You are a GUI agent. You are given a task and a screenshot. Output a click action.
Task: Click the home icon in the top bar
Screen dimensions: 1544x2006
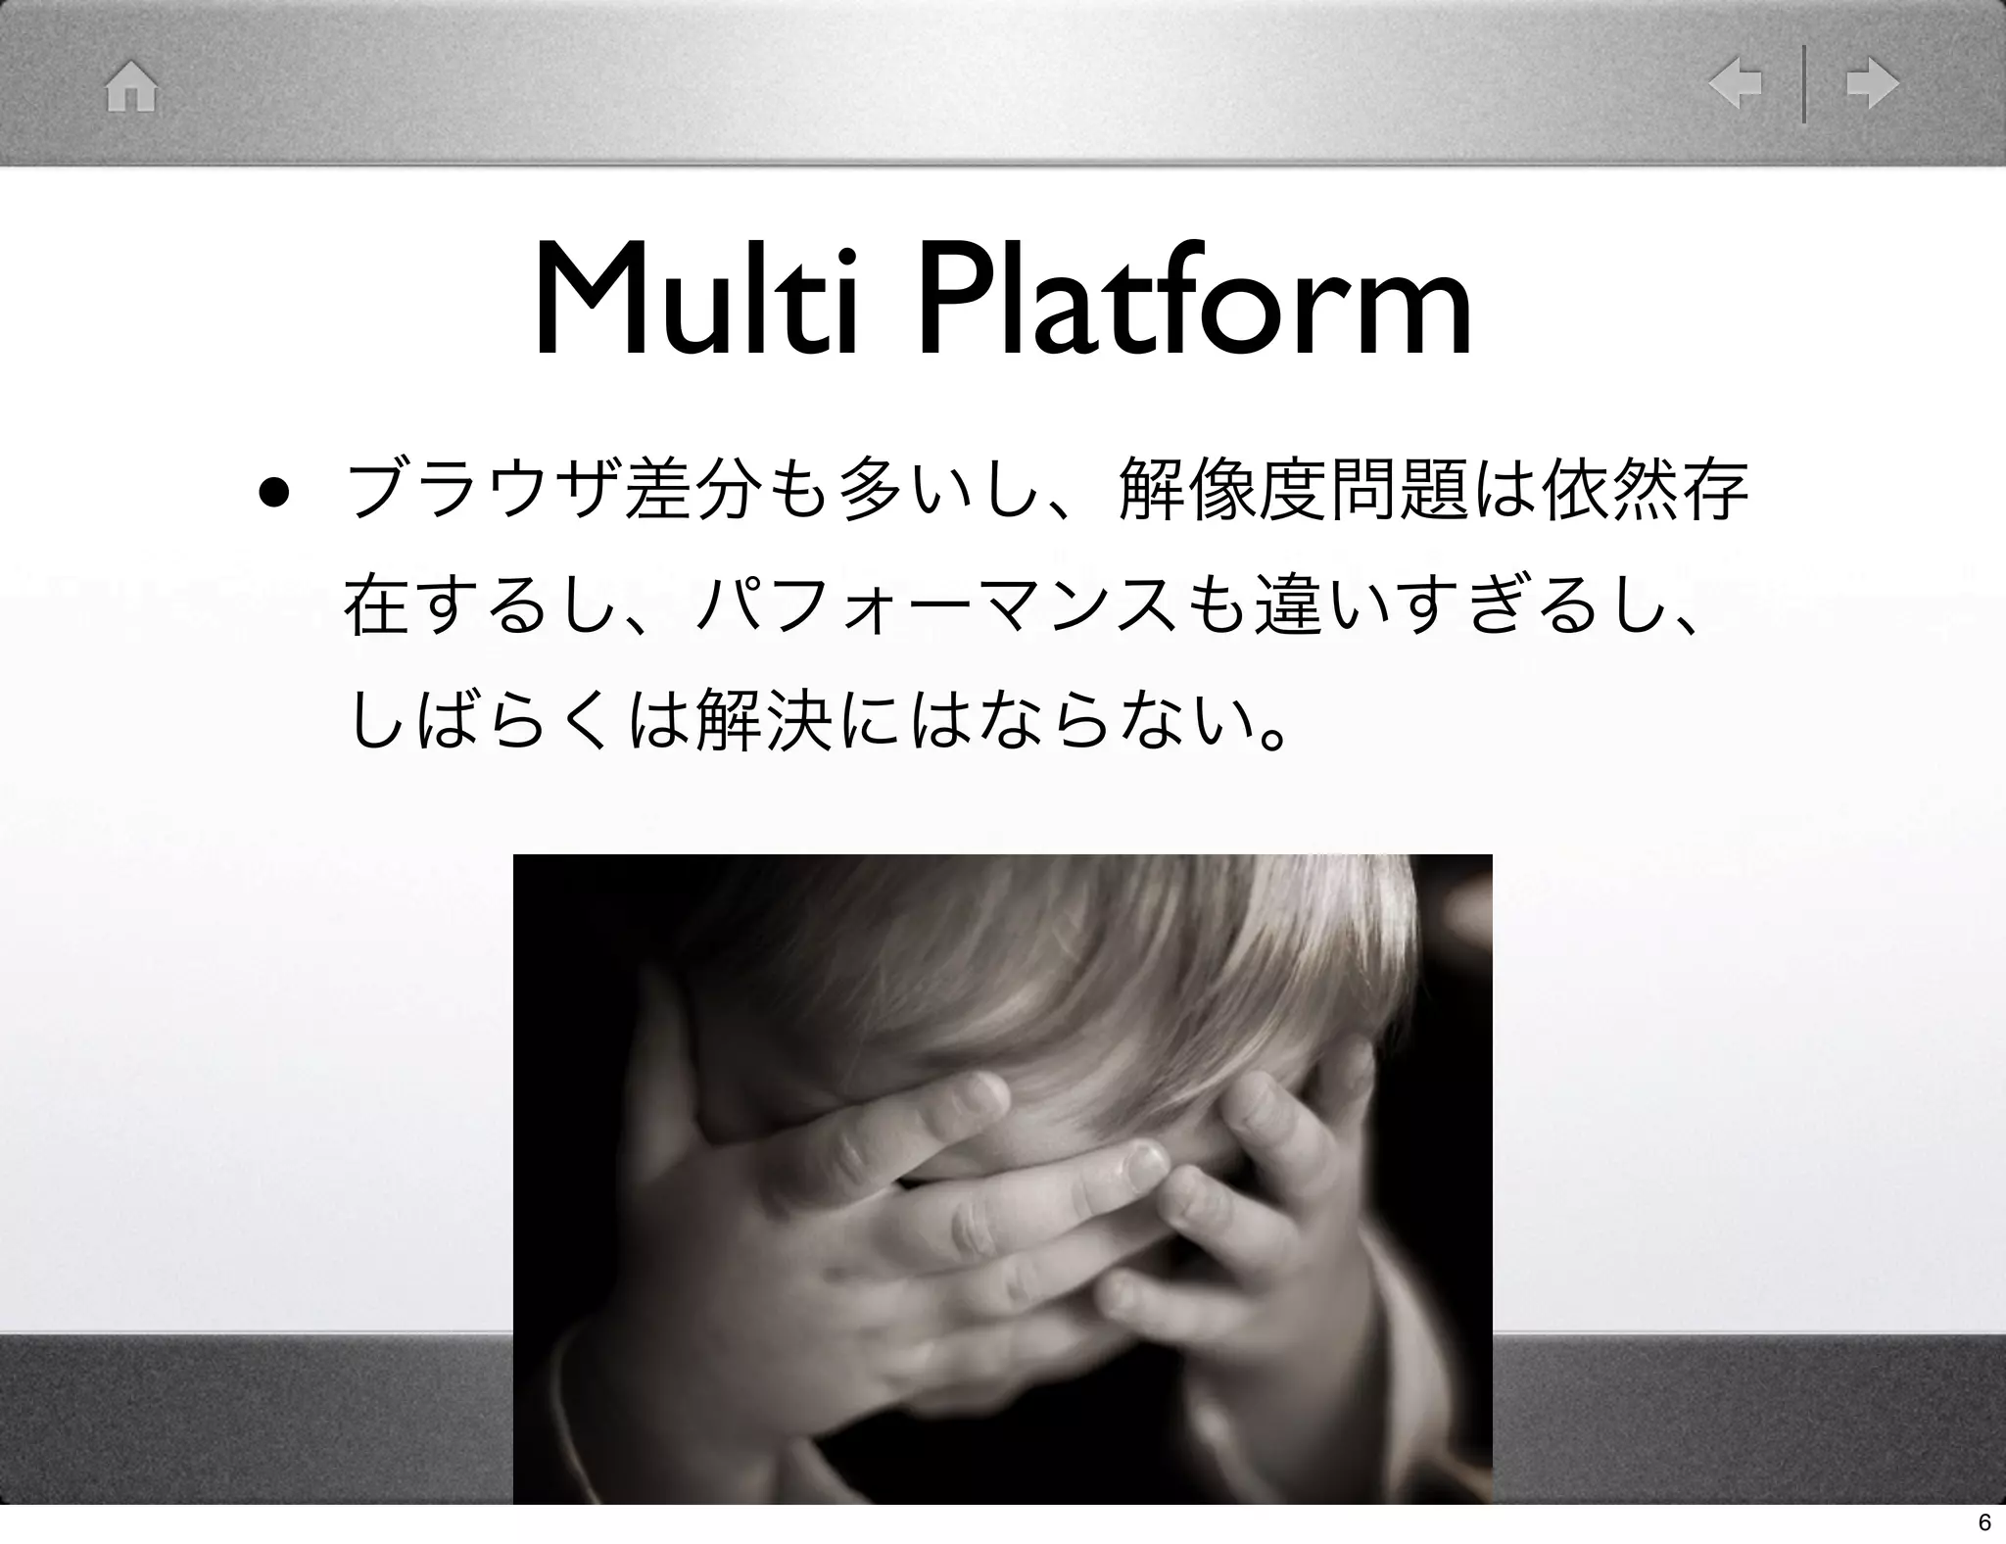coord(131,87)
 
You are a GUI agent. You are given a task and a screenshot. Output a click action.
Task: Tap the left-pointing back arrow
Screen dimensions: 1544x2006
coord(1735,85)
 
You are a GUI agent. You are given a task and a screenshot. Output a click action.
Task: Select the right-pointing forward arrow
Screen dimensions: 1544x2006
coord(1872,85)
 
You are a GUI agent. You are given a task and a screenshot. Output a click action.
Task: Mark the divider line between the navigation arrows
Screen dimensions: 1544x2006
coord(1803,85)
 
